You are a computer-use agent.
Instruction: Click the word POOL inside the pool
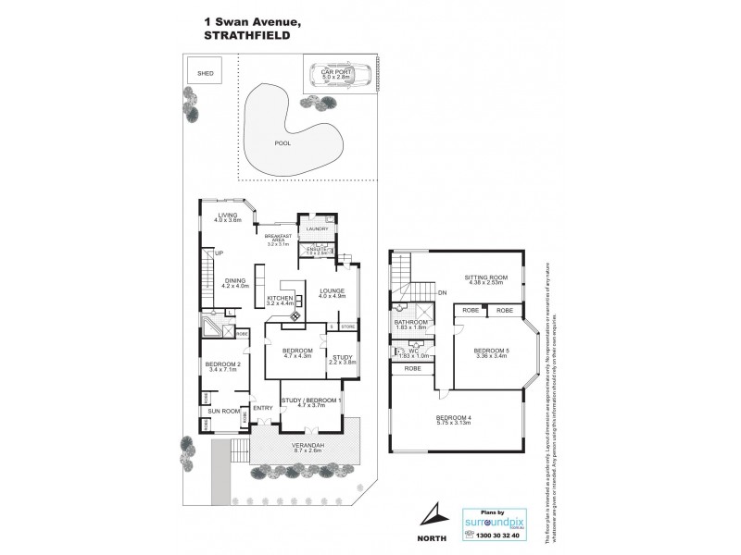282,144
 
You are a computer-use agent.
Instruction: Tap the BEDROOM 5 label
489,353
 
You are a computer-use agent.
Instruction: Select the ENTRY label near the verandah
263,408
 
